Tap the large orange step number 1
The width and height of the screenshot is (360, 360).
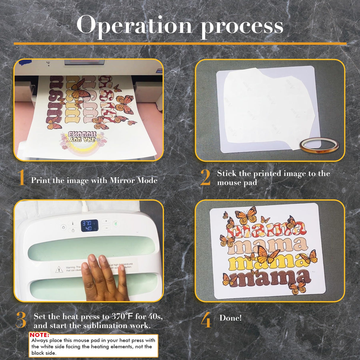pyautogui.click(x=21, y=178)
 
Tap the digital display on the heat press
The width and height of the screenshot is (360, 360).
pyautogui.click(x=90, y=226)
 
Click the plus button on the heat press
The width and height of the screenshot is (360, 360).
pyautogui.click(x=106, y=221)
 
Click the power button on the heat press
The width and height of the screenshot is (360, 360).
pyautogui.click(x=63, y=227)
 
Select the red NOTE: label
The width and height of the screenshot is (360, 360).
pyautogui.click(x=39, y=335)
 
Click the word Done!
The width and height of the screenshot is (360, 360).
pyautogui.click(x=230, y=318)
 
